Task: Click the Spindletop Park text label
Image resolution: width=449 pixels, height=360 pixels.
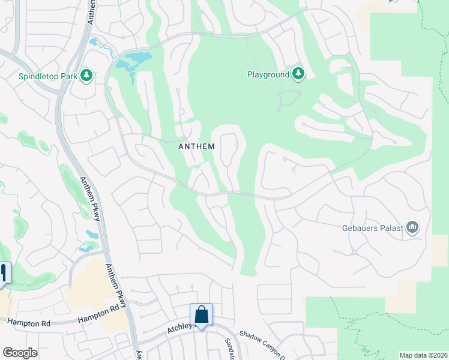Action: pyautogui.click(x=48, y=76)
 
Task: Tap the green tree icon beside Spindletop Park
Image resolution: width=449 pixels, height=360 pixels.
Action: pyautogui.click(x=86, y=76)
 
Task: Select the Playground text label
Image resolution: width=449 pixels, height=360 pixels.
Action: pyautogui.click(x=268, y=74)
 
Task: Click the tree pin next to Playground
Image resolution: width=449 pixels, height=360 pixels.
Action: pyautogui.click(x=298, y=74)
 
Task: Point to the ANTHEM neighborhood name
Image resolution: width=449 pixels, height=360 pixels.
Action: pyautogui.click(x=197, y=146)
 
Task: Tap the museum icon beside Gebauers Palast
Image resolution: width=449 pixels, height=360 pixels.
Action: pyautogui.click(x=412, y=227)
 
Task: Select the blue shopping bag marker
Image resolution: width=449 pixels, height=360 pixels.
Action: pyautogui.click(x=201, y=314)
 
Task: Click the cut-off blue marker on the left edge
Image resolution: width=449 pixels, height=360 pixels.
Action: pyautogui.click(x=4, y=273)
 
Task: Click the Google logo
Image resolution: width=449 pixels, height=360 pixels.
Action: pyautogui.click(x=20, y=353)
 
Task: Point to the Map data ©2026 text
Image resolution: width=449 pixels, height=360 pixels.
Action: pyautogui.click(x=423, y=355)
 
